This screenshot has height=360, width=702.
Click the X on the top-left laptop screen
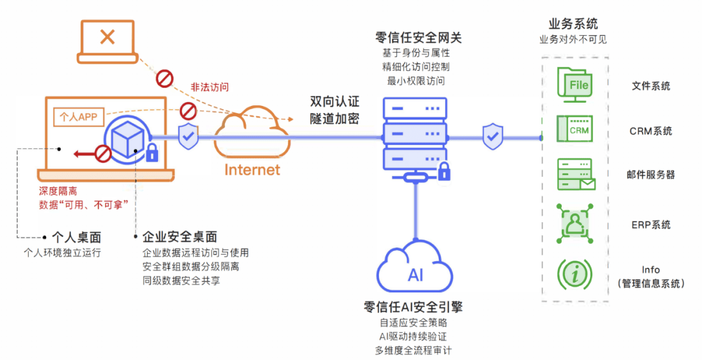pos(107,37)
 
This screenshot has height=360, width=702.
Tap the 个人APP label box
pos(78,117)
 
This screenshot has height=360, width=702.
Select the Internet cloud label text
pos(252,170)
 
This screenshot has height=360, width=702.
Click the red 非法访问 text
pos(209,87)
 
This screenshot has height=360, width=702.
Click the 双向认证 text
pos(335,102)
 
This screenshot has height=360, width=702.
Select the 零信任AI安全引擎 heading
pos(413,307)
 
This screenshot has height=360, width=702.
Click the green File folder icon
pos(574,85)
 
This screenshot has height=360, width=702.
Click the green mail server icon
pos(575,175)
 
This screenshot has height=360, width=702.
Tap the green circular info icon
pos(574,274)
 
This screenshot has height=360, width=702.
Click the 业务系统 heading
pos(573,25)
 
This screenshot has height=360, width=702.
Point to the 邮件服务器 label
pos(651,175)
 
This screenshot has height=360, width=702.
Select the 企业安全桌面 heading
pos(179,237)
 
